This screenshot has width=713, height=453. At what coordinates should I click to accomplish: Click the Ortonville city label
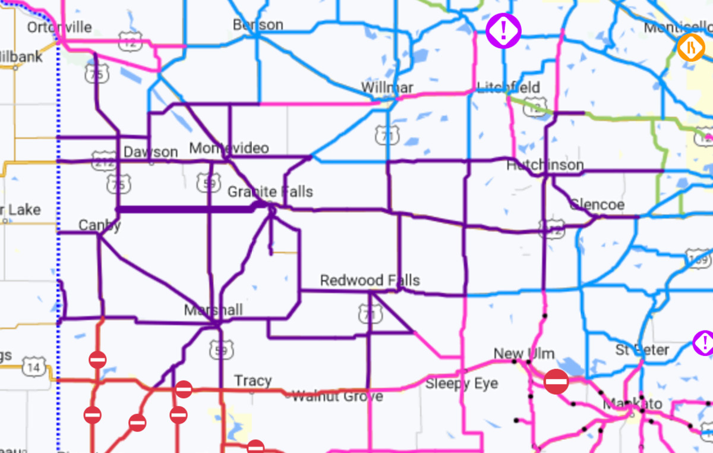pyautogui.click(x=59, y=28)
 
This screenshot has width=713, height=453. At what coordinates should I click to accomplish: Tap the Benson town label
pyautogui.click(x=258, y=25)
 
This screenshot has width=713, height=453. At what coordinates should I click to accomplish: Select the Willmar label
pyautogui.click(x=387, y=88)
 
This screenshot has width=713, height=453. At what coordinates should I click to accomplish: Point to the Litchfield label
pyautogui.click(x=509, y=88)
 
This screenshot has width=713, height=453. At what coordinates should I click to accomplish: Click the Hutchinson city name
pyautogui.click(x=545, y=165)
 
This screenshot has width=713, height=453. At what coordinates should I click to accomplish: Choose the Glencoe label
pyautogui.click(x=597, y=205)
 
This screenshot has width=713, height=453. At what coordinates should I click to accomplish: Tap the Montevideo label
pyautogui.click(x=229, y=148)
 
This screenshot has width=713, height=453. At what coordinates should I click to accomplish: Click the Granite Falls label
pyautogui.click(x=270, y=192)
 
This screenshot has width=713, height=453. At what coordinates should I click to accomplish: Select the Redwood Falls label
pyautogui.click(x=370, y=281)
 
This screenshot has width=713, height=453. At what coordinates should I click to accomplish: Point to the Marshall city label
pyautogui.click(x=213, y=310)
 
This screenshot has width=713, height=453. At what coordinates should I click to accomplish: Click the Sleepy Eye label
pyautogui.click(x=462, y=383)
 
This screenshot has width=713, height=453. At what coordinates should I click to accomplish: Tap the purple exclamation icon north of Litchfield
pyautogui.click(x=503, y=30)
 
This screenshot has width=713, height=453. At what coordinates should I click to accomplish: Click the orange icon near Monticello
pyautogui.click(x=691, y=47)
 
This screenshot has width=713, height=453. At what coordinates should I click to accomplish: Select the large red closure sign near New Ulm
pyautogui.click(x=556, y=381)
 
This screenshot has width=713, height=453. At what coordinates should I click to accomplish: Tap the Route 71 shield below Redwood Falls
pyautogui.click(x=370, y=314)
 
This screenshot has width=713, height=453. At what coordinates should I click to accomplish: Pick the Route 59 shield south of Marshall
pyautogui.click(x=220, y=350)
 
